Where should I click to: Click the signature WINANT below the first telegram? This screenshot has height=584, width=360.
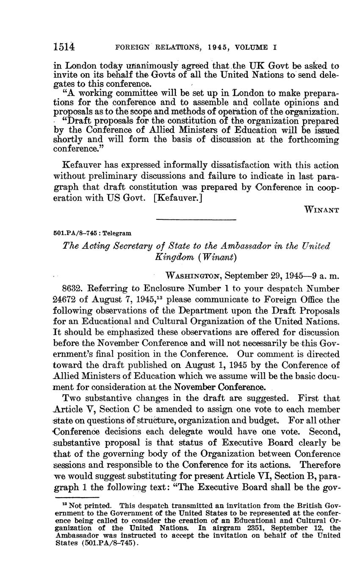(x=322, y=210)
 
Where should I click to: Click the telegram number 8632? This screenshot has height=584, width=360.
(x=72, y=289)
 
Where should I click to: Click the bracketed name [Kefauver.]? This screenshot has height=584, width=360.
(x=178, y=198)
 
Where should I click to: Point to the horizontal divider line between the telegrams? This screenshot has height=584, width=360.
(x=196, y=219)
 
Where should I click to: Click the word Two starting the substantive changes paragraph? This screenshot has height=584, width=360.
(x=70, y=398)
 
